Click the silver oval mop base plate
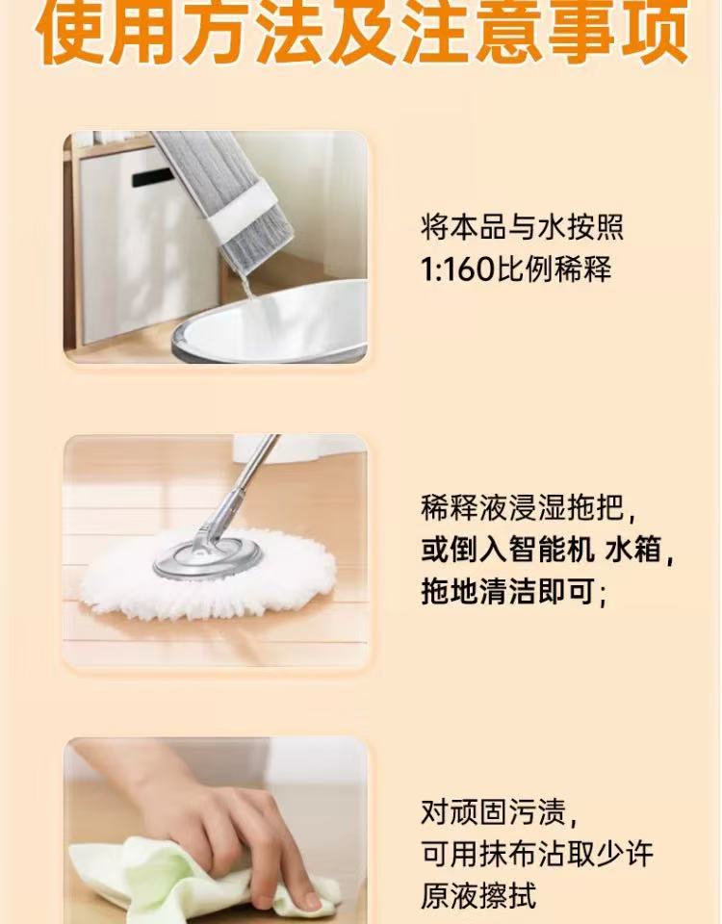208,557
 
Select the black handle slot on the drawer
152,177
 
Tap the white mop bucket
270,324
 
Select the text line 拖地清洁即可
507,591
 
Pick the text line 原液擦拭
478,896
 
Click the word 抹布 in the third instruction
507,854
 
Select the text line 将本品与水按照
522,227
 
